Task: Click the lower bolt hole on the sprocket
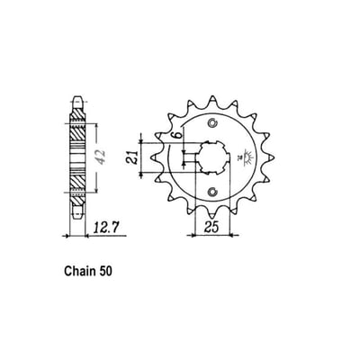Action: click(212, 190)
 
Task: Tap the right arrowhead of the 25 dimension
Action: click(233, 237)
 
